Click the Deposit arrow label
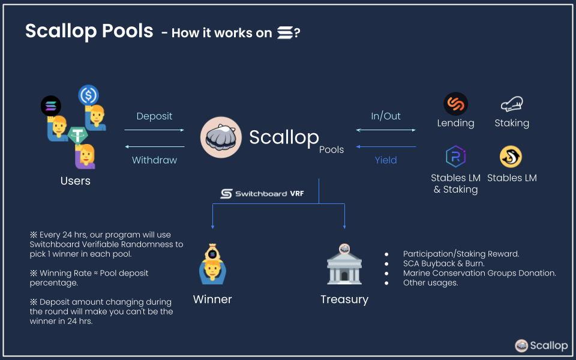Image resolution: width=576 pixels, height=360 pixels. (154, 116)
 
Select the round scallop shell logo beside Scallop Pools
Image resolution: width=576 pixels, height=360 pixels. (221, 137)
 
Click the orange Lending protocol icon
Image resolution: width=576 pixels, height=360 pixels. (455, 104)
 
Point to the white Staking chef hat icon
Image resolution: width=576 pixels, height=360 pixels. (512, 104)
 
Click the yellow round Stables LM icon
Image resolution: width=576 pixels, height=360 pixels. (511, 157)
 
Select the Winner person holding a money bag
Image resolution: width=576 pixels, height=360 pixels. (212, 265)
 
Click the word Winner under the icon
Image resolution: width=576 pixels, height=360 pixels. (212, 299)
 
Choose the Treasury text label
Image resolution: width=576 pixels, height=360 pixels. (344, 299)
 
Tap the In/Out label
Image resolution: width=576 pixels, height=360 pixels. (386, 116)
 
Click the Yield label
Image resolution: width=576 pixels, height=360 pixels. (386, 160)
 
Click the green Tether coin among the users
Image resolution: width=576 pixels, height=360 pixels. (77, 136)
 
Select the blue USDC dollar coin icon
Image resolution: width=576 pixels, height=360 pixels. (89, 95)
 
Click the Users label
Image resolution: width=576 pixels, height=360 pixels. (76, 181)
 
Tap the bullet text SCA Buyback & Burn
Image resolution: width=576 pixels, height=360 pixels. (443, 263)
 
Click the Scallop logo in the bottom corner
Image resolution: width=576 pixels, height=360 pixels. (541, 345)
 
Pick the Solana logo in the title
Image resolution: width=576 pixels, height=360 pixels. (284, 33)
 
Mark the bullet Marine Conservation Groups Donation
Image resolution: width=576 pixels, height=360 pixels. (479, 273)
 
